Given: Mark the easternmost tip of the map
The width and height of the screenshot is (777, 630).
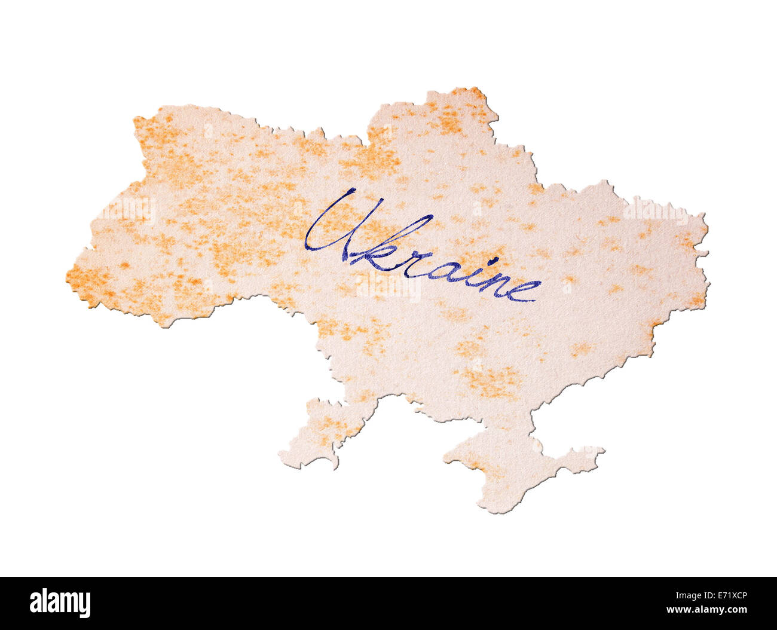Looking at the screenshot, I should click(708, 230).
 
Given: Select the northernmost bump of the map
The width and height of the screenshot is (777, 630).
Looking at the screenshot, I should click(472, 90).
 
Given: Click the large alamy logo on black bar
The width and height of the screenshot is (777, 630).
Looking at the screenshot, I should click(60, 603).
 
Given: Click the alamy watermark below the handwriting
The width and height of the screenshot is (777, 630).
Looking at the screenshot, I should click(389, 287).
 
